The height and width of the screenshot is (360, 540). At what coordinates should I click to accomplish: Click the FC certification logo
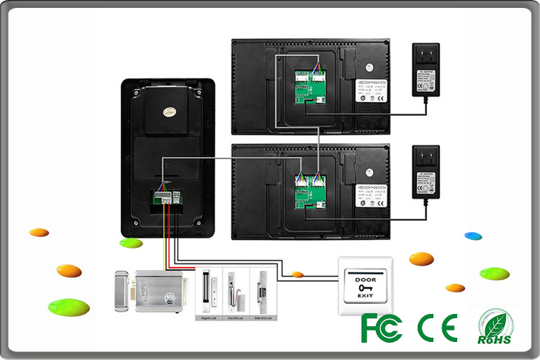coord(381,328)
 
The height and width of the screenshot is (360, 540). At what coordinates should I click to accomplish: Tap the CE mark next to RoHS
coord(437,328)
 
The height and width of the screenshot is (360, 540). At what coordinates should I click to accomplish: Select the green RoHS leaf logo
coord(497,327)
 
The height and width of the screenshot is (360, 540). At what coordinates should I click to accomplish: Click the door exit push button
coord(366,286)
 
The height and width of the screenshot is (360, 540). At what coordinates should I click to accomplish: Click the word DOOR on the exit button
coord(365,278)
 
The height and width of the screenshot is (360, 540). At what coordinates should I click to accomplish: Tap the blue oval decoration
coord(473,235)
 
